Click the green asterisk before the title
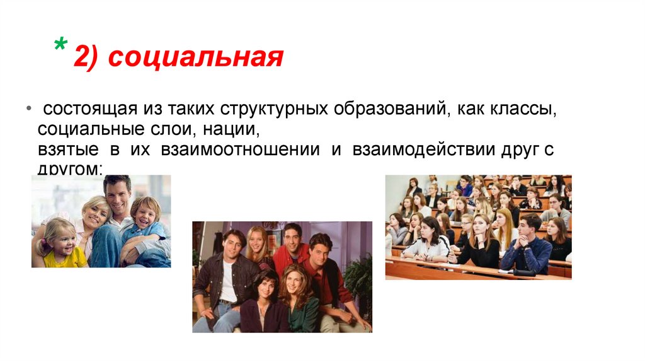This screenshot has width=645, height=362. pyautogui.click(x=62, y=46)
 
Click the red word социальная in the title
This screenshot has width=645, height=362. pyautogui.click(x=196, y=57)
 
